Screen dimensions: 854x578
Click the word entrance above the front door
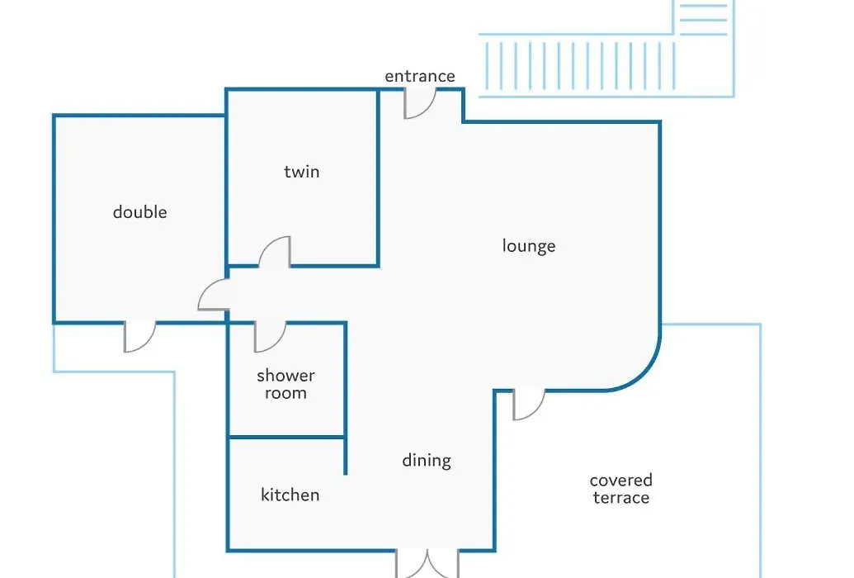(420, 76)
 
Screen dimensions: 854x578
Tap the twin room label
(302, 172)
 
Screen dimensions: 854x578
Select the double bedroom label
(140, 211)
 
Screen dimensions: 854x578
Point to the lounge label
(529, 246)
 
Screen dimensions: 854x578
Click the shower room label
(286, 385)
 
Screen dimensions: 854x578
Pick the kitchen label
(290, 495)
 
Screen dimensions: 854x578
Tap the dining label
(427, 461)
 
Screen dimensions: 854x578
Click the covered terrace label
(620, 489)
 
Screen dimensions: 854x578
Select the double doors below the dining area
(427, 564)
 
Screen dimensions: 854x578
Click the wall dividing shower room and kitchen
(286, 437)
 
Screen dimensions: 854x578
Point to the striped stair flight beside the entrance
(581, 66)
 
